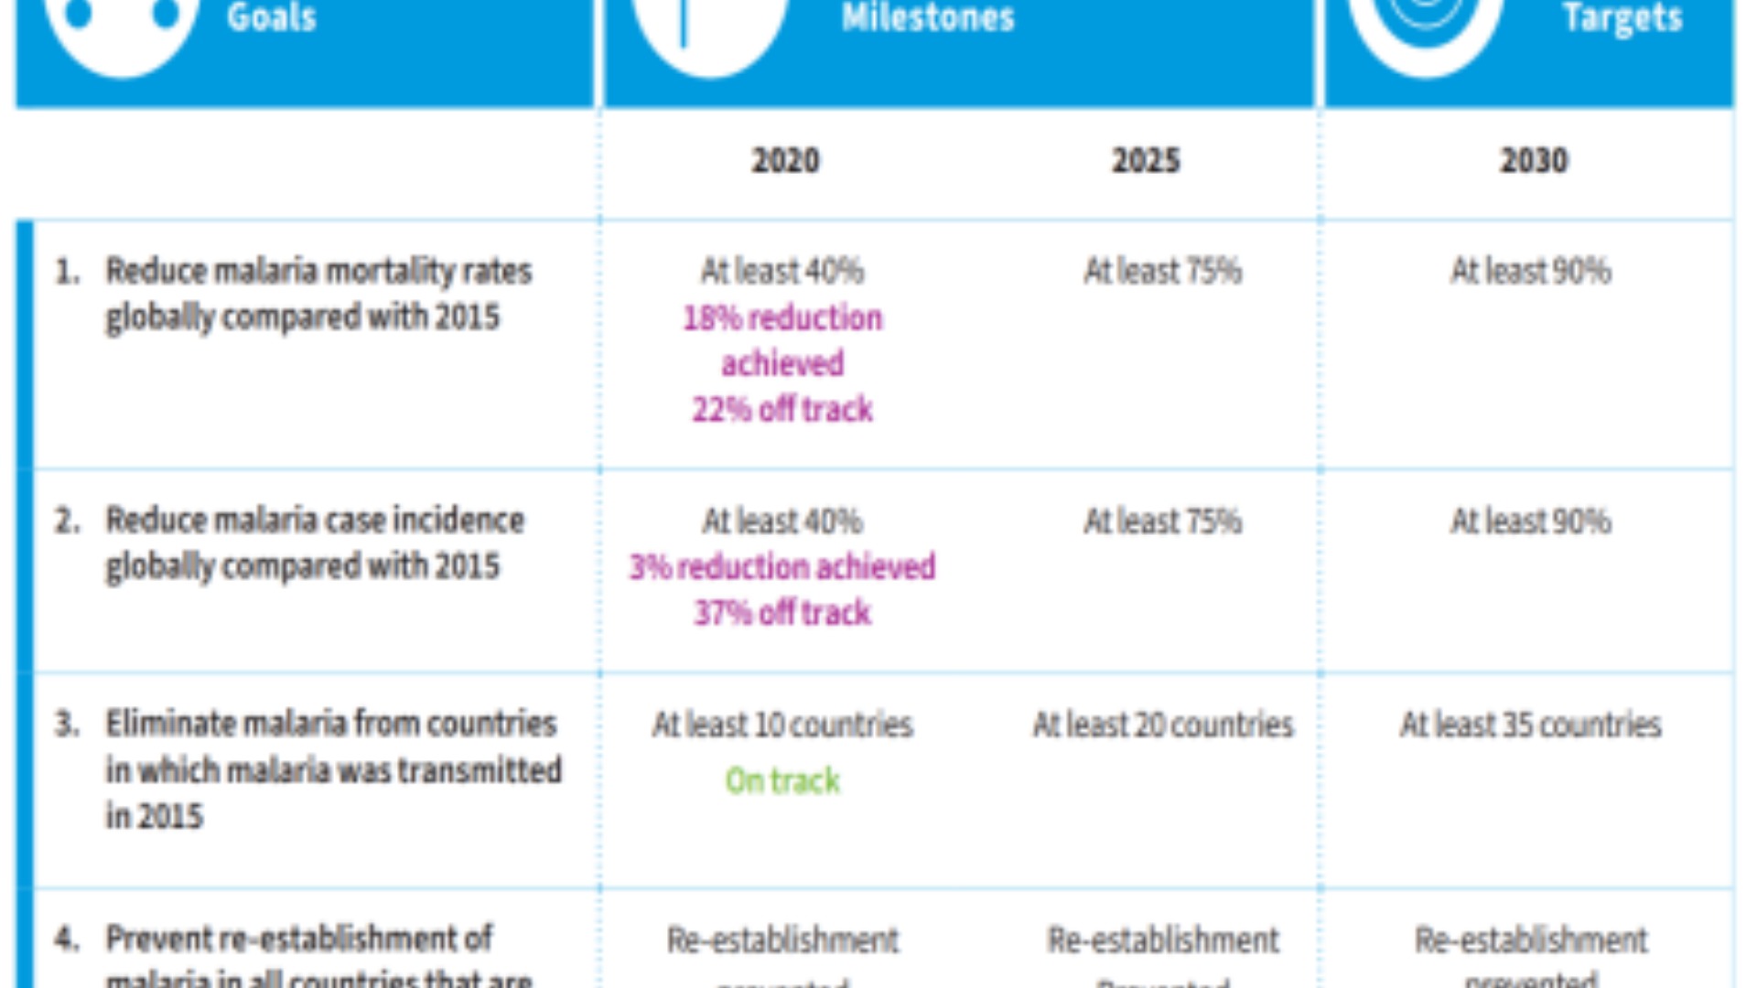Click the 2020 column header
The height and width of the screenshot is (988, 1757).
coord(785,161)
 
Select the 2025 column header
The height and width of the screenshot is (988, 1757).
coord(1146,161)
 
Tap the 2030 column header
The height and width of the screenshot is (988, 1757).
coord(1534,161)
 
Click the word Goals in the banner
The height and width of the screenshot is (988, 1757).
coord(272,18)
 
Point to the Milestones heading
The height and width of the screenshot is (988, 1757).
coord(928,18)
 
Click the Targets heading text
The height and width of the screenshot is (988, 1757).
coord(1622,18)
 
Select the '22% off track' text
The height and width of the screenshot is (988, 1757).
coord(782,410)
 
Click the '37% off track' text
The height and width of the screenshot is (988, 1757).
coord(782,613)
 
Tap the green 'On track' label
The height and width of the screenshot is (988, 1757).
coord(782,781)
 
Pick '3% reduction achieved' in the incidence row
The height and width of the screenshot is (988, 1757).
coord(782,567)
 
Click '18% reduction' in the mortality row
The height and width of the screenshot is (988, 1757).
coord(782,318)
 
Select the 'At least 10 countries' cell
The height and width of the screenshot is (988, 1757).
coord(782,725)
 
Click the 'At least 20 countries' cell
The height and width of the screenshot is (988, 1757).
coord(1163,725)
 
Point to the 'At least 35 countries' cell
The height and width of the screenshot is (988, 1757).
coord(1530,725)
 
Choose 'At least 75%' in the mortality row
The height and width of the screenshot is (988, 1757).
coord(1163,272)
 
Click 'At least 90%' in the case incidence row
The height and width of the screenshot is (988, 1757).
coord(1530,521)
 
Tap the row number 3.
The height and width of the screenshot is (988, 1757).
coord(67,725)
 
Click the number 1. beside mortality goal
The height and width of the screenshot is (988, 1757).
coord(67,272)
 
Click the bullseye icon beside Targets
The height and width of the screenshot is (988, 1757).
coord(1426,23)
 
